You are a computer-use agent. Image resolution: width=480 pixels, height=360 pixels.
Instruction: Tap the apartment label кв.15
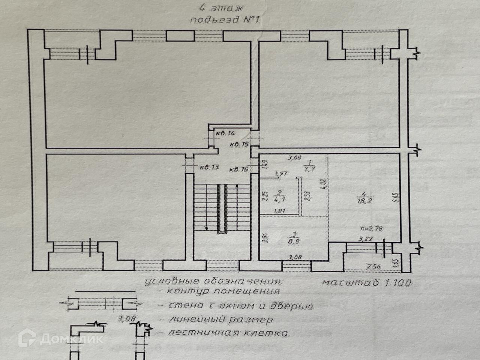239,144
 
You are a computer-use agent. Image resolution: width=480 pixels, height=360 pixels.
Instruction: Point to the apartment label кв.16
239,169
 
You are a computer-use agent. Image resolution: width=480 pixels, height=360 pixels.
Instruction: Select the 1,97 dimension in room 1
280,173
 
